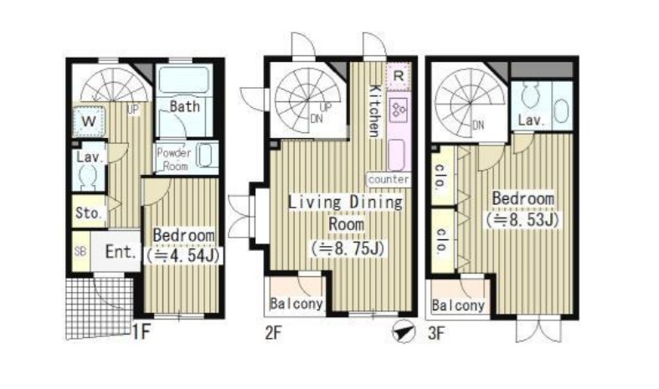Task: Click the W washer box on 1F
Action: tap(89, 121)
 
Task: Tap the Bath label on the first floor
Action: tap(184, 107)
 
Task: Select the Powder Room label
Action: tap(174, 159)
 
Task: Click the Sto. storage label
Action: tap(89, 213)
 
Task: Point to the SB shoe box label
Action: tap(80, 251)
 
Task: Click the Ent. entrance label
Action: tap(121, 252)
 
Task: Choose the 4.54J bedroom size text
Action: tap(183, 255)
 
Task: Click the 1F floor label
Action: tap(141, 332)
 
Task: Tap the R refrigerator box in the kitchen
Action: tap(398, 76)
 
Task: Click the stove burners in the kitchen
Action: tap(399, 110)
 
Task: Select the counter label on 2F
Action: tap(389, 179)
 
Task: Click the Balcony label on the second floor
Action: tap(296, 304)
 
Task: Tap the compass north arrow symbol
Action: tap(403, 332)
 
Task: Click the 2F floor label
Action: tap(273, 333)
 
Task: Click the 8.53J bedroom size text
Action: tap(523, 220)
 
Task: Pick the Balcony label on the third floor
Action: tap(458, 305)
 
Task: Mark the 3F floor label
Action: tap(435, 333)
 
